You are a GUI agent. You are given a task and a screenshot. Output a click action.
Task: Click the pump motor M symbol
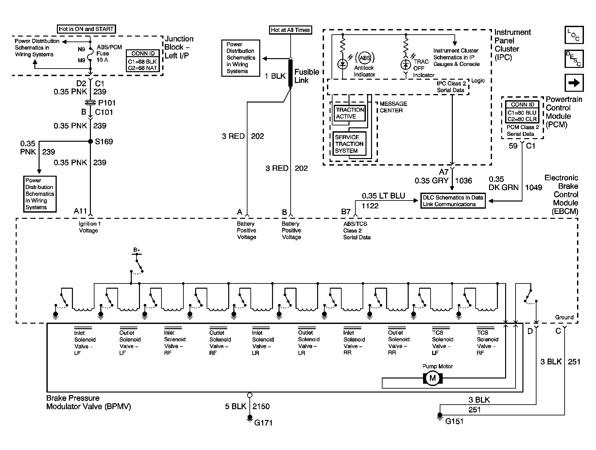coord(433,378)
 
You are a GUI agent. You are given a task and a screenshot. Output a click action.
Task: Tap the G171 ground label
coord(263,423)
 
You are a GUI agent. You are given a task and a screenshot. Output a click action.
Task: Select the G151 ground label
coord(454,421)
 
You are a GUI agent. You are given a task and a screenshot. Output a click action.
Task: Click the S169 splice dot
coord(91,141)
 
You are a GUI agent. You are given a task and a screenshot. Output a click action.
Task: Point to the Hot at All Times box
coord(290,30)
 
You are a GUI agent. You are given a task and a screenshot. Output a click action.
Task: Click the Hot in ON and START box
coord(86,29)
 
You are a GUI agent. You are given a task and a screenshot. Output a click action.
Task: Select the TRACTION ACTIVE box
coord(349,113)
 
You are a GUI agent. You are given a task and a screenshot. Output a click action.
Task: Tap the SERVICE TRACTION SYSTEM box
coord(349,144)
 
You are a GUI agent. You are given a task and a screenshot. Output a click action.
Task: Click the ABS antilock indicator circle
coord(365,58)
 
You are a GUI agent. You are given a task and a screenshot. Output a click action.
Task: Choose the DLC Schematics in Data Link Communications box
coord(453,201)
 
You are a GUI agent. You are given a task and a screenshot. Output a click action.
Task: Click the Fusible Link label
coord(307,76)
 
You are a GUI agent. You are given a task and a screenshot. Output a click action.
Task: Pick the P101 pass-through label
coord(107,103)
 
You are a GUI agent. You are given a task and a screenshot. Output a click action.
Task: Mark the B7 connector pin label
coord(346,212)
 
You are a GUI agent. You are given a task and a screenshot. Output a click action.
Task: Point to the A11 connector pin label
coord(80,211)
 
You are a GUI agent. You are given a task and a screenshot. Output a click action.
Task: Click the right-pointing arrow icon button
coord(574,83)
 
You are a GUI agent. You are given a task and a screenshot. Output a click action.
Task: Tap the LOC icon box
coord(574,35)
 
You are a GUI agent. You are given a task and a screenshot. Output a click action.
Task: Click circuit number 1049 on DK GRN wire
coord(534,187)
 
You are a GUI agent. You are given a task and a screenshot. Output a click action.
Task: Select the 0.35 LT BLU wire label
coord(383,196)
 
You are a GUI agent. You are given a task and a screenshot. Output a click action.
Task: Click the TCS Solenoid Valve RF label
coord(487,343)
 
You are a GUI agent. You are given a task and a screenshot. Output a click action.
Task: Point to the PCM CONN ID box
coord(522,112)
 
